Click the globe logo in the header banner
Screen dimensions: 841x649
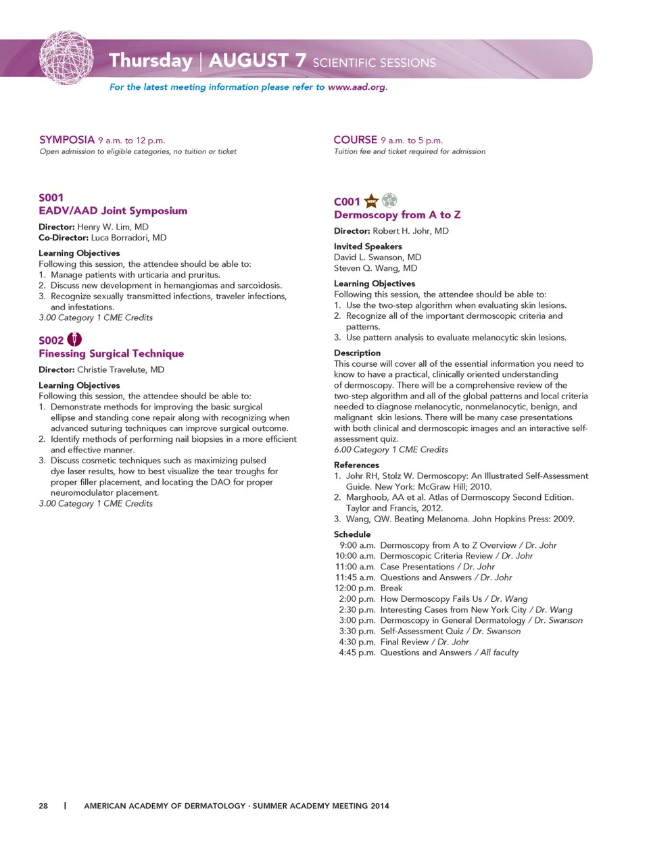pos(66,57)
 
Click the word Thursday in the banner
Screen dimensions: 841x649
pos(151,61)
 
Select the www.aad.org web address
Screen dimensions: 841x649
pos(356,87)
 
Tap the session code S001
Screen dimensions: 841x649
pos(51,197)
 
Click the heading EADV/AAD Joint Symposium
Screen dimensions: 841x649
pos(113,211)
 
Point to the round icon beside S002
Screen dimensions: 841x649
pos(74,340)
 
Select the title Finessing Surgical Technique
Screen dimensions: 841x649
pos(111,353)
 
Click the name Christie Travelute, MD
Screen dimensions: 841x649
pos(120,369)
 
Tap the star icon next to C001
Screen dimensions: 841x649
pos(371,201)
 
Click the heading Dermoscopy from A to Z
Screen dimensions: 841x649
pos(397,215)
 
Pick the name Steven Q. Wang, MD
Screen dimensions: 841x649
pos(375,268)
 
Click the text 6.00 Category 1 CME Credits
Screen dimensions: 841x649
pos(391,450)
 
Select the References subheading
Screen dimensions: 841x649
pos(356,465)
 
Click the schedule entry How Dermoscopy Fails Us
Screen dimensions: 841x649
pos(431,599)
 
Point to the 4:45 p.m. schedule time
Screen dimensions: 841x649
pos(357,653)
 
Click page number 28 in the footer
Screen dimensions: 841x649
pos(43,806)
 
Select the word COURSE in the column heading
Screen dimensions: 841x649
pos(355,140)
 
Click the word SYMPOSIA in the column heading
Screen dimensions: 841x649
pos(67,140)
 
